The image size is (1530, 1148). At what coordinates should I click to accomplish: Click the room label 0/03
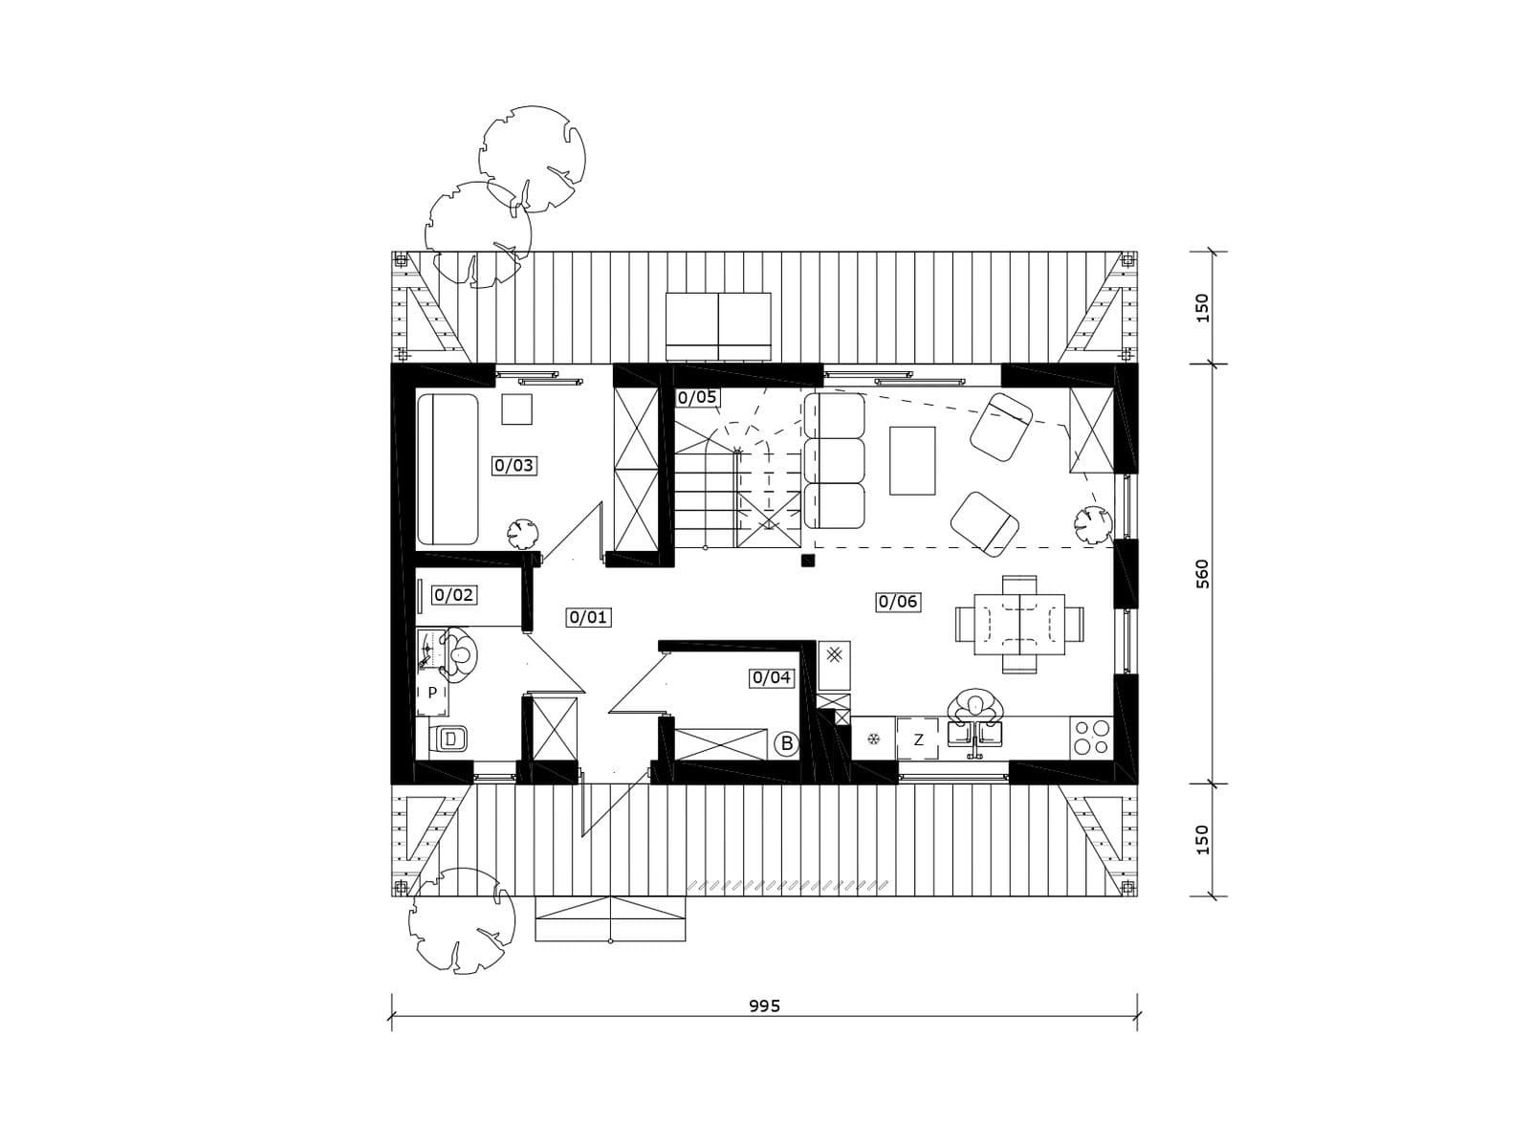[514, 465]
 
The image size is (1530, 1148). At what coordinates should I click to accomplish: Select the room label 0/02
[454, 595]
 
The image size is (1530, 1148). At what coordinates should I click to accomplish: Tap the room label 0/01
[589, 617]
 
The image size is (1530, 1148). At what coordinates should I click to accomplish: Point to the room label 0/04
[772, 677]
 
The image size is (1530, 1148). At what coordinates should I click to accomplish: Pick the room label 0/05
[697, 397]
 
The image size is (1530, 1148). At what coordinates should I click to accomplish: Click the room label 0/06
[898, 602]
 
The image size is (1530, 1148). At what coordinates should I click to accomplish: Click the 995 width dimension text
[765, 1005]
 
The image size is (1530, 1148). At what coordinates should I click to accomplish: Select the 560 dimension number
[1202, 574]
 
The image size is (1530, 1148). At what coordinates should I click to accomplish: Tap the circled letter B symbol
[787, 743]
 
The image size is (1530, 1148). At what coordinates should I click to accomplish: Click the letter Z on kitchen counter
[918, 740]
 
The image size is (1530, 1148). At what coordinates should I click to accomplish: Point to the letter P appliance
[432, 692]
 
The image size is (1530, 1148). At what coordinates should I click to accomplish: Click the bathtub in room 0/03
[448, 469]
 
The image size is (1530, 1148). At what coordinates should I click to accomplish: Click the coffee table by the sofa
[912, 461]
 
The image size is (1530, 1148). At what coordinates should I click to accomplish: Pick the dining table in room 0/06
[1019, 624]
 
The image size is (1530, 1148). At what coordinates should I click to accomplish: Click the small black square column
[808, 560]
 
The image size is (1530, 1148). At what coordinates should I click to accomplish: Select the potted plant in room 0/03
[522, 534]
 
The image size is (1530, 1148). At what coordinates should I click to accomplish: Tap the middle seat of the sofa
[835, 460]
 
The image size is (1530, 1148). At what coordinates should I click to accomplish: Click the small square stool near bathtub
[517, 409]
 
